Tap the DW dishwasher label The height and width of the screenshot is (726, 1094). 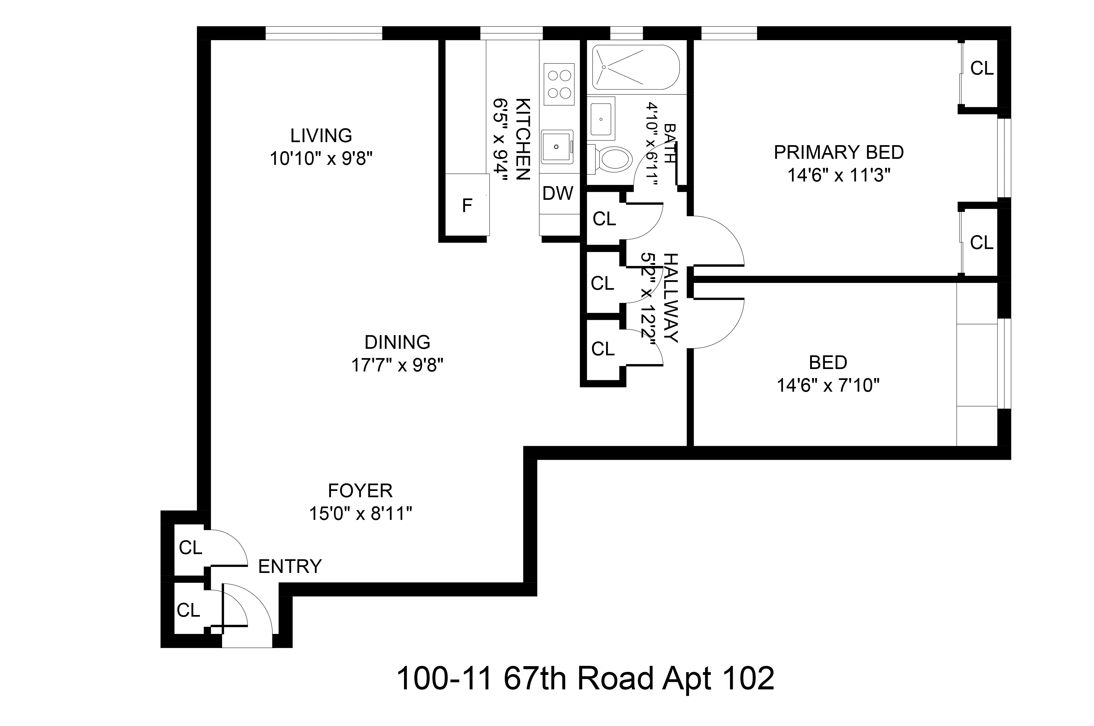click(x=558, y=194)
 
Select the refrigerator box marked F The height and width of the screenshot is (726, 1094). click(x=467, y=205)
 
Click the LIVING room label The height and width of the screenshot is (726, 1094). click(x=321, y=136)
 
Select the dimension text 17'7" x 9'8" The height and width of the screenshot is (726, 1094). click(x=397, y=366)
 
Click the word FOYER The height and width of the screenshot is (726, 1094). click(x=360, y=490)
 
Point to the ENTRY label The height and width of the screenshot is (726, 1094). click(x=289, y=566)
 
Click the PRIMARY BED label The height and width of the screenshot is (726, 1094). click(x=838, y=152)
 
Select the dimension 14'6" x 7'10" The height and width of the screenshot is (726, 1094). click(x=828, y=386)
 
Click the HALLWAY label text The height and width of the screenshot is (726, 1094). click(x=671, y=298)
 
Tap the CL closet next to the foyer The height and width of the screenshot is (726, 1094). click(x=190, y=548)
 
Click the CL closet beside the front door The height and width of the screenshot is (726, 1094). click(x=188, y=610)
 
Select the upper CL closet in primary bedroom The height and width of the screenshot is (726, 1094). click(x=981, y=69)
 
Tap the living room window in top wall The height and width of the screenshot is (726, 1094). click(x=324, y=33)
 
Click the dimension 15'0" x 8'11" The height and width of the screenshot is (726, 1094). click(x=360, y=514)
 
